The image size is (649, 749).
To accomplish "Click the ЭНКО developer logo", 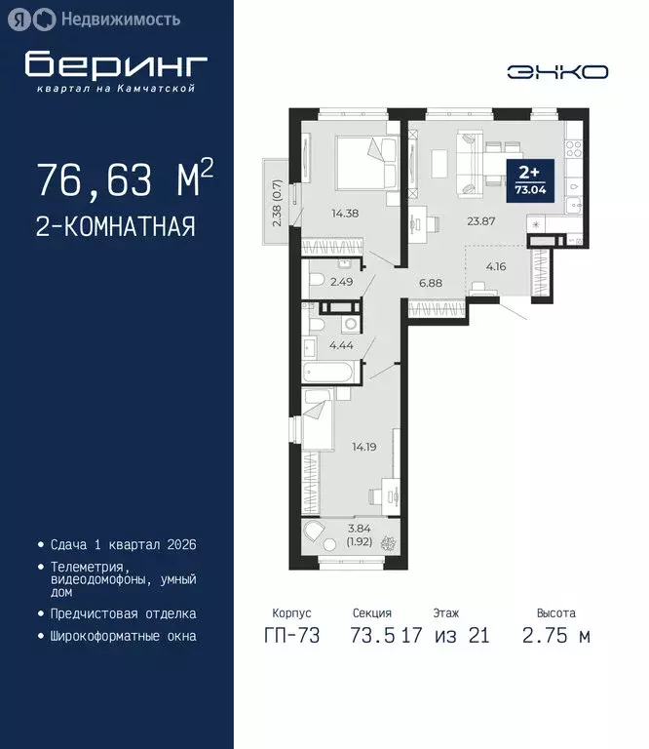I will click(558, 71).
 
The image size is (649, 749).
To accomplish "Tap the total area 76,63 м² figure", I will click(124, 179).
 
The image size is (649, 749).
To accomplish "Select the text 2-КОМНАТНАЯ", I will click(115, 226).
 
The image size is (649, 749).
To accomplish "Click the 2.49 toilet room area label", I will click(341, 282).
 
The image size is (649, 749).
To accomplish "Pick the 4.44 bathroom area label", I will click(340, 343).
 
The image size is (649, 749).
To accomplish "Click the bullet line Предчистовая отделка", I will click(123, 613).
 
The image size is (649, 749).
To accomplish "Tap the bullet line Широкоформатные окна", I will click(123, 636).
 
